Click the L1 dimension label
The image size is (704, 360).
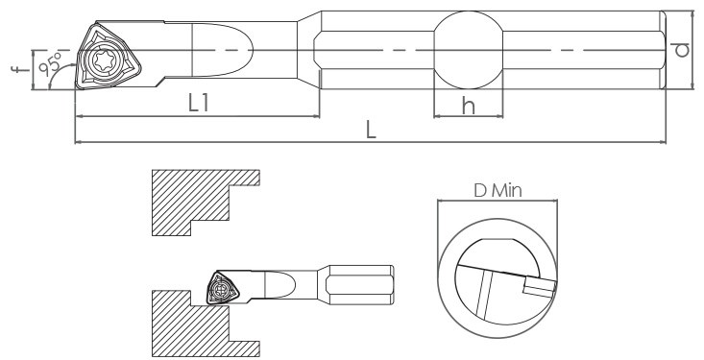(198, 104)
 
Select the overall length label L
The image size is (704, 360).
(371, 131)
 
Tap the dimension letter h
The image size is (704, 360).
(469, 106)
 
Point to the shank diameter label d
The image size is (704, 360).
(682, 50)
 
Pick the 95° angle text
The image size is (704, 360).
(50, 63)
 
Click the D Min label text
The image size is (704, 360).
(498, 191)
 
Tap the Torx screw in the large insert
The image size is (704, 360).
(104, 59)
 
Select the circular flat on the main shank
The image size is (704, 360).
(469, 50)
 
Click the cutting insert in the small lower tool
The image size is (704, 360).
(222, 288)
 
